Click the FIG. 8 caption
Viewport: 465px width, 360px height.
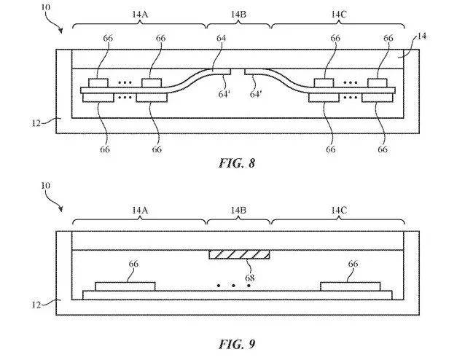[x=237, y=163]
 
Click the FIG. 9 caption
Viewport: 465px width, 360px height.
[x=237, y=344]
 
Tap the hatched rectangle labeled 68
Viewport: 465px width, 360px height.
[x=239, y=254]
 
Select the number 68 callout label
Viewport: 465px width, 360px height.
[x=250, y=278]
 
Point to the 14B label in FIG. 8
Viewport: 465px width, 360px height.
[x=238, y=14]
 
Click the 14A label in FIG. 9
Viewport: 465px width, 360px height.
[x=140, y=211]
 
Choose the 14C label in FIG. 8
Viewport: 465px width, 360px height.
[x=338, y=14]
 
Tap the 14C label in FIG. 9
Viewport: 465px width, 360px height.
[x=338, y=211]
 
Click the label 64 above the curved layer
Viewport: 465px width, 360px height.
[x=222, y=38]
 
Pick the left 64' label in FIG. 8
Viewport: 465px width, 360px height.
[x=224, y=94]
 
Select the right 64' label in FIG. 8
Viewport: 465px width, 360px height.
[x=256, y=94]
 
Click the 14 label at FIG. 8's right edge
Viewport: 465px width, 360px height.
[x=422, y=36]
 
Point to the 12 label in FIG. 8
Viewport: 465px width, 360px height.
[x=36, y=122]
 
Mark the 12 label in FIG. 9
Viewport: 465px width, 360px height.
[x=36, y=305]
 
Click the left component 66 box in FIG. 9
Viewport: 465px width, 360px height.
[x=125, y=286]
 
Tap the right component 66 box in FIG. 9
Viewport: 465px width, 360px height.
[x=351, y=286]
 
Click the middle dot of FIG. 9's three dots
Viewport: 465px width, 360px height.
[x=233, y=286]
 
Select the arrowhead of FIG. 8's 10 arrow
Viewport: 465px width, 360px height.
[x=60, y=31]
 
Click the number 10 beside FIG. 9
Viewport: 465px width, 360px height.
[x=45, y=186]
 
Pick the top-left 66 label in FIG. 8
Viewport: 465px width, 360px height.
[x=108, y=38]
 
